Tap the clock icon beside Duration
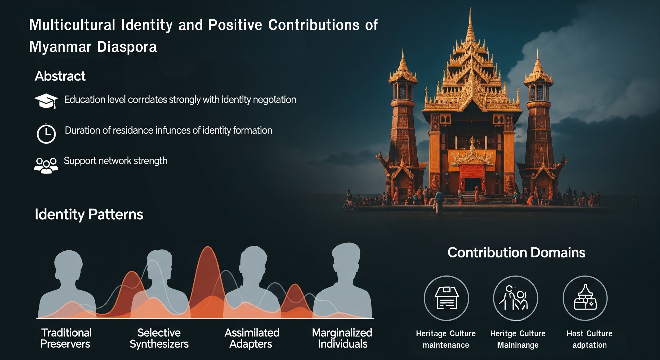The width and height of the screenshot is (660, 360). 46,133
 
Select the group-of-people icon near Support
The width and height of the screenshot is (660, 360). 46,166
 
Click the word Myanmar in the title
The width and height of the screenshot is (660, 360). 60,47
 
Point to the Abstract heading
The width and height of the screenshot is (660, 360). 60,76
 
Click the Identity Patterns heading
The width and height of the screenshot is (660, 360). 89,215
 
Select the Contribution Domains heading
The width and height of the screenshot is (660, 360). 516,252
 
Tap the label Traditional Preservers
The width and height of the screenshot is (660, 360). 66,338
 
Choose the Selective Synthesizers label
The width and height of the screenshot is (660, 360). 159,338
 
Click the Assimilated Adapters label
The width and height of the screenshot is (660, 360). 252,338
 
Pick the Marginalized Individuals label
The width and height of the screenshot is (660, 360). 342,338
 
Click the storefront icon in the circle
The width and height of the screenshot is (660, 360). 446,298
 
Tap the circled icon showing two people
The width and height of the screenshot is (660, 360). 516,298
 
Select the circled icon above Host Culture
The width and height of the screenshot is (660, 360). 585,298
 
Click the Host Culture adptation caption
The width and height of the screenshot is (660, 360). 590,339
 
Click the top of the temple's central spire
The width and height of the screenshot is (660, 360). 470,8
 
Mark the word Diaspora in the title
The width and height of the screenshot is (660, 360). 127,47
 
